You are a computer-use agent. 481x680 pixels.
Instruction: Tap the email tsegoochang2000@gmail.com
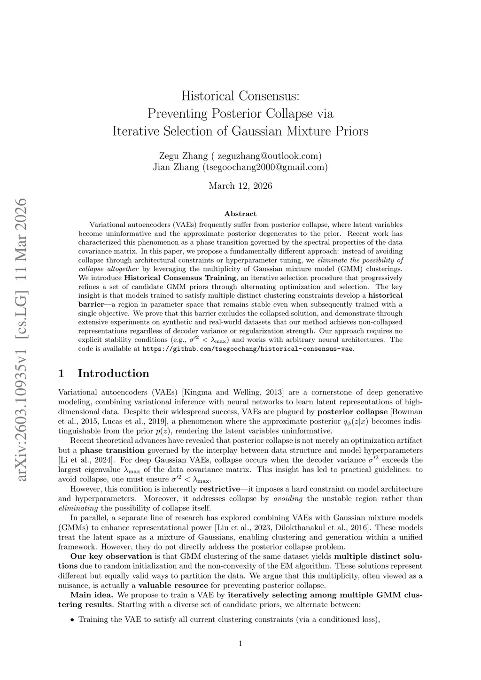coord(264,167)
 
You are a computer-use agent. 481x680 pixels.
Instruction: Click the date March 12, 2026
coord(240,186)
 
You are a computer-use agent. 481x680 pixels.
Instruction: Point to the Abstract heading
coord(240,214)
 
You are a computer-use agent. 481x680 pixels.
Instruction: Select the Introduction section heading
coord(113,374)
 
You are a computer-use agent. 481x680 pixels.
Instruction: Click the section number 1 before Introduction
coord(61,374)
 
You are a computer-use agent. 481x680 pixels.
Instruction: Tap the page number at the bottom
coord(240,644)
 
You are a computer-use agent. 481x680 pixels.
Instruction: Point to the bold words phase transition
coord(112,450)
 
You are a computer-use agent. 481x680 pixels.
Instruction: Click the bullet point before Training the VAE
coord(72,620)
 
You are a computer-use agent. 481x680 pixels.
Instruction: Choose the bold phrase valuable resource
coord(173,585)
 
